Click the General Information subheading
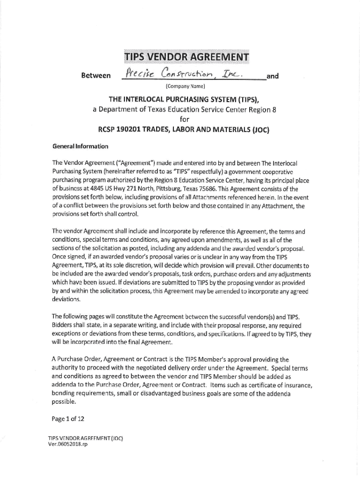[x=80, y=146]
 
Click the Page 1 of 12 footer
[x=69, y=419]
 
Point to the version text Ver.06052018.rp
[x=68, y=444]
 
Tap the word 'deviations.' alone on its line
[x=66, y=299]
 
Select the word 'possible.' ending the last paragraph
[x=65, y=401]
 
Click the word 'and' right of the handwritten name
[x=273, y=76]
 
